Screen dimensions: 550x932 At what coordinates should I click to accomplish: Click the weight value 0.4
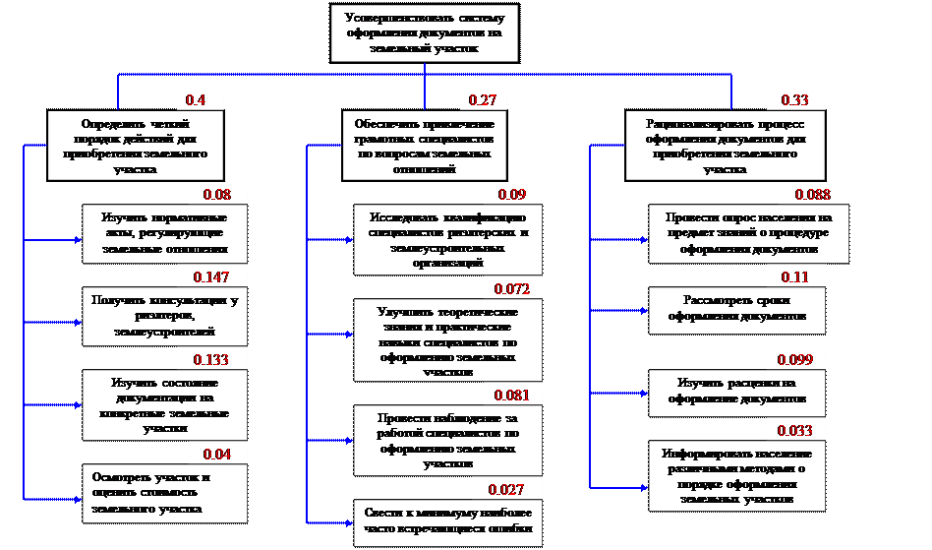click(x=196, y=99)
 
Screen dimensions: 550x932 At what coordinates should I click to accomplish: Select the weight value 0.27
click(x=482, y=99)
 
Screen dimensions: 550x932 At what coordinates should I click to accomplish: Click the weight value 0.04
click(x=216, y=455)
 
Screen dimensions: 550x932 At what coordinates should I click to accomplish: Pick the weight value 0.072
click(x=512, y=289)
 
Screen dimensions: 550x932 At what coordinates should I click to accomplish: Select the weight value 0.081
click(x=512, y=397)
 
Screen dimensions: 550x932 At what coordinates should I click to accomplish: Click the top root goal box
click(x=424, y=33)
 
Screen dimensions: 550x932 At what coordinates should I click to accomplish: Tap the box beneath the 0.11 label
click(x=736, y=310)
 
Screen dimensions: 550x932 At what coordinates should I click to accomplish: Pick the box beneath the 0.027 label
click(x=446, y=522)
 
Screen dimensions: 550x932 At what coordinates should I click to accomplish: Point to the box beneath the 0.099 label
click(x=736, y=391)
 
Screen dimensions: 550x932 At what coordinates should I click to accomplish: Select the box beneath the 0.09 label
click(x=447, y=240)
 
